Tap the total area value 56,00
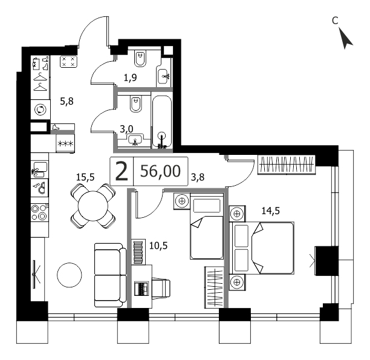click(x=160, y=171)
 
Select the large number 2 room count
click(x=122, y=172)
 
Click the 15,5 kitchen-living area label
click(x=85, y=177)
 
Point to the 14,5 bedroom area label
click(x=270, y=211)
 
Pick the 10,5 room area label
click(x=158, y=246)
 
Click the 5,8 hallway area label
click(x=67, y=102)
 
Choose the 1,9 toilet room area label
click(x=130, y=77)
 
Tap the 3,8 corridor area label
click(x=198, y=177)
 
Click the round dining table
click(x=93, y=206)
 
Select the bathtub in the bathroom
click(x=161, y=122)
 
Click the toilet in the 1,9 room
click(x=140, y=58)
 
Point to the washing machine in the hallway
click(x=41, y=110)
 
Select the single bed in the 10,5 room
click(x=207, y=226)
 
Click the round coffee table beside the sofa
click(x=70, y=275)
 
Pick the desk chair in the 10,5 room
click(x=161, y=289)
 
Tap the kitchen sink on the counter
click(x=40, y=169)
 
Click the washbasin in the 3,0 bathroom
click(x=135, y=139)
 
